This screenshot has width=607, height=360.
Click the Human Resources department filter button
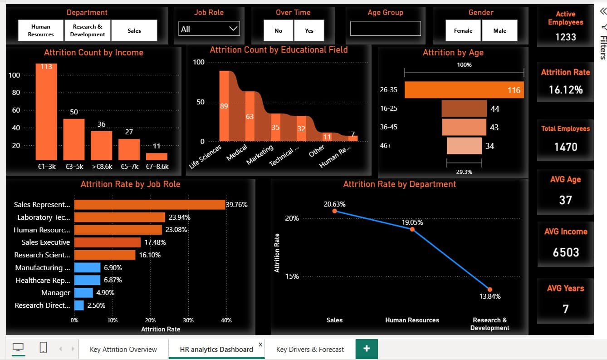tap(41, 30)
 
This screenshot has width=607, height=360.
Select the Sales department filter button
tap(134, 30)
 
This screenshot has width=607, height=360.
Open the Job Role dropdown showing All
tap(209, 29)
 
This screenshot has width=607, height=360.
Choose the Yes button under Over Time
tap(309, 30)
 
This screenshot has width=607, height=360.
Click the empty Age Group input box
tap(385, 29)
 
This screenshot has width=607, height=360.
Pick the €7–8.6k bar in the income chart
tap(157, 157)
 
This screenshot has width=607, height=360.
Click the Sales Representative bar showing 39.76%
tap(150, 205)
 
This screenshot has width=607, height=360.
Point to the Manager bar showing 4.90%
tap(83, 293)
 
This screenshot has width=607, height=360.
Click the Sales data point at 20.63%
tap(334, 211)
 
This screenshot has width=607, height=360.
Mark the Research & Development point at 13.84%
tap(490, 289)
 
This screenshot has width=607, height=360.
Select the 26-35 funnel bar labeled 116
tap(464, 90)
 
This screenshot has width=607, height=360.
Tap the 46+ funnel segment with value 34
tap(464, 146)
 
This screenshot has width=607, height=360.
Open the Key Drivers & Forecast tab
tap(310, 349)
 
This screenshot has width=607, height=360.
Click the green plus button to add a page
tap(367, 349)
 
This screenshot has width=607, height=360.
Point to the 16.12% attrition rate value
tap(565, 89)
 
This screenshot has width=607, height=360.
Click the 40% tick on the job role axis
tap(226, 320)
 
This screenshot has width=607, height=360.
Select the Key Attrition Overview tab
tap(123, 349)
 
